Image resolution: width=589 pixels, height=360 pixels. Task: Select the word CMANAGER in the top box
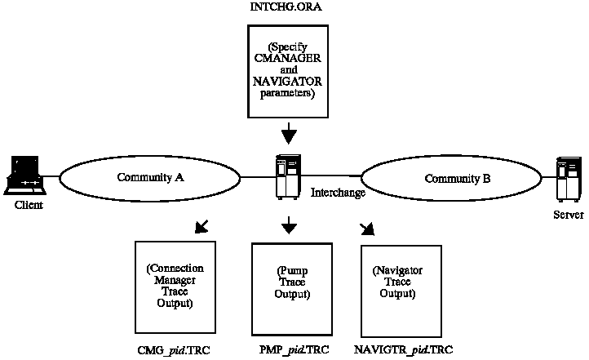click(x=288, y=58)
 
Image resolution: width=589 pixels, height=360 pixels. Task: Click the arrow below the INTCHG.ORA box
click(x=288, y=133)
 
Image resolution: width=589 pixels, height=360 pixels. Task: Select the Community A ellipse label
click(x=149, y=178)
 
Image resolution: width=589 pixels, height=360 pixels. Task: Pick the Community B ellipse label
click(x=458, y=179)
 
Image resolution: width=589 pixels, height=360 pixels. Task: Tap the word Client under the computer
click(x=29, y=205)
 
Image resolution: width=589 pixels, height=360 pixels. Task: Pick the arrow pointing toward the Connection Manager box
click(x=200, y=224)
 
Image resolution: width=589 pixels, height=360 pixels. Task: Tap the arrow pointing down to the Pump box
click(x=288, y=224)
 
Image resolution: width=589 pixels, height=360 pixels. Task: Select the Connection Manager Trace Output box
click(x=174, y=285)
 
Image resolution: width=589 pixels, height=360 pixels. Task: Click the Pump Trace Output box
click(x=291, y=285)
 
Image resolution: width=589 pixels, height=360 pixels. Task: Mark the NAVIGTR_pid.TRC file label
click(x=404, y=349)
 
